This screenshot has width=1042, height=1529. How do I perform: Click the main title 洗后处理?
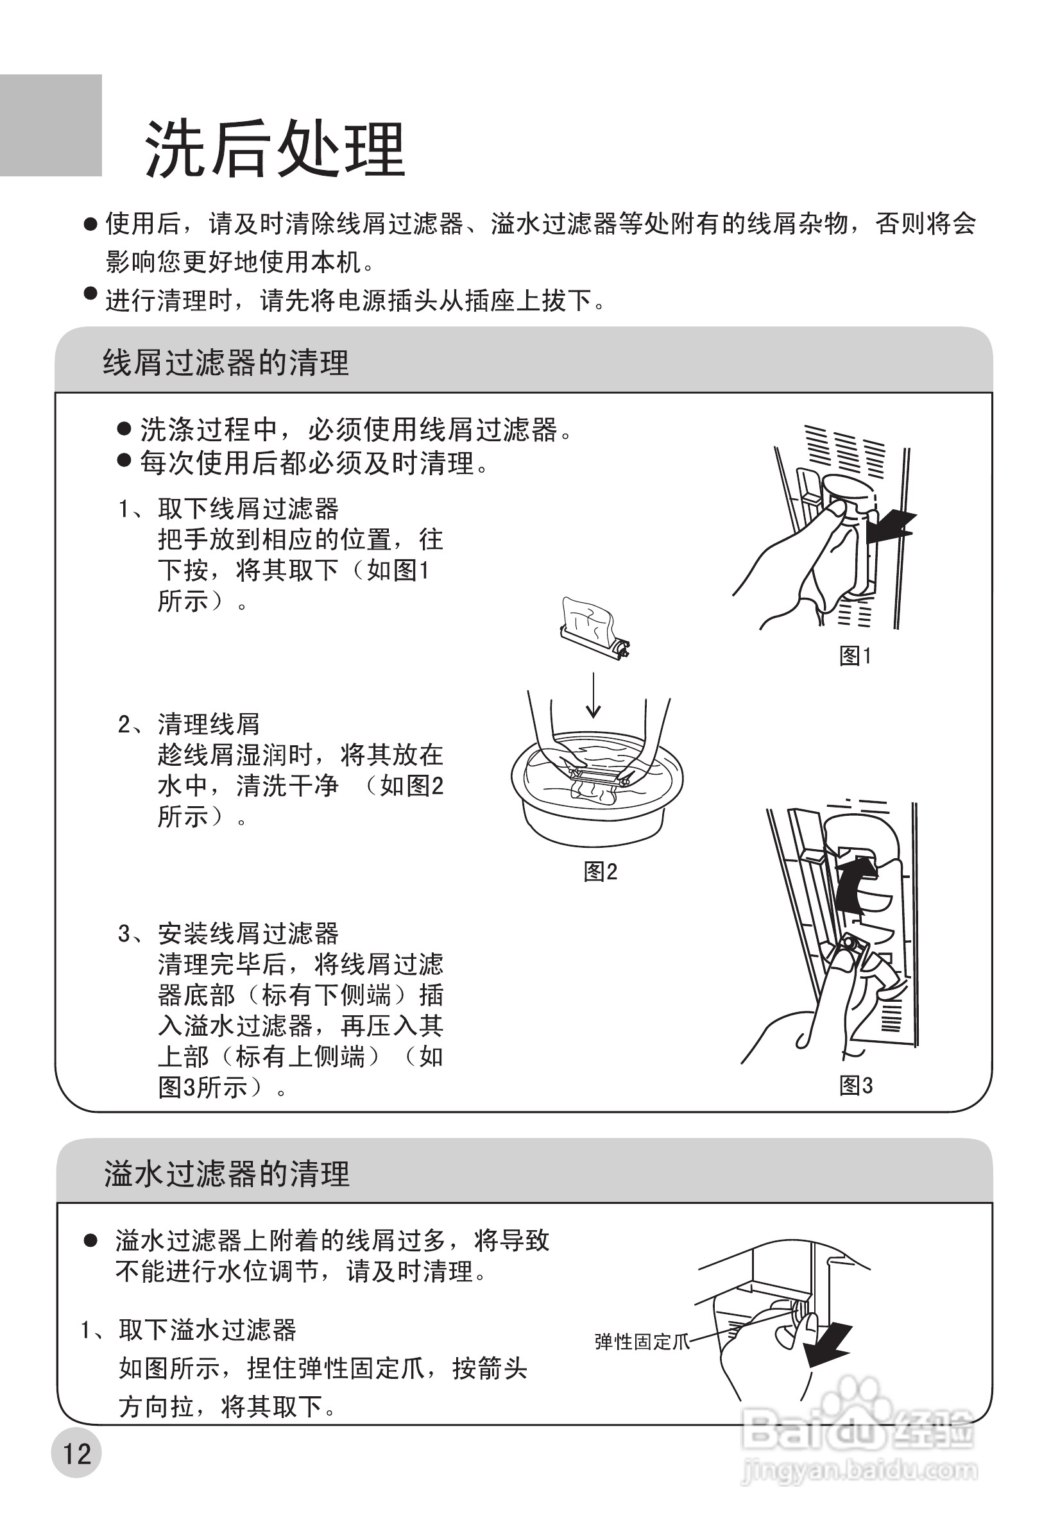(275, 149)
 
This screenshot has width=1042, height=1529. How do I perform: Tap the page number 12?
(76, 1453)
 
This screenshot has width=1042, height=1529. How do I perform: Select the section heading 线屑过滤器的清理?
(225, 362)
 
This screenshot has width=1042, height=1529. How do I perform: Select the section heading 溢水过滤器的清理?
(226, 1173)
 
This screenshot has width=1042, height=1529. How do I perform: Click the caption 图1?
(855, 655)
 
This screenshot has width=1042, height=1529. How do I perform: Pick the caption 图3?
(856, 1085)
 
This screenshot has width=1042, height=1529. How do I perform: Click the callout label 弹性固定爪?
(642, 1342)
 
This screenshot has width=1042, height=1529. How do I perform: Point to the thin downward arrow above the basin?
(593, 695)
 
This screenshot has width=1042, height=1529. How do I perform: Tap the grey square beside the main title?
(51, 125)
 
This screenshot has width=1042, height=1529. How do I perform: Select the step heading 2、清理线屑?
(189, 723)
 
